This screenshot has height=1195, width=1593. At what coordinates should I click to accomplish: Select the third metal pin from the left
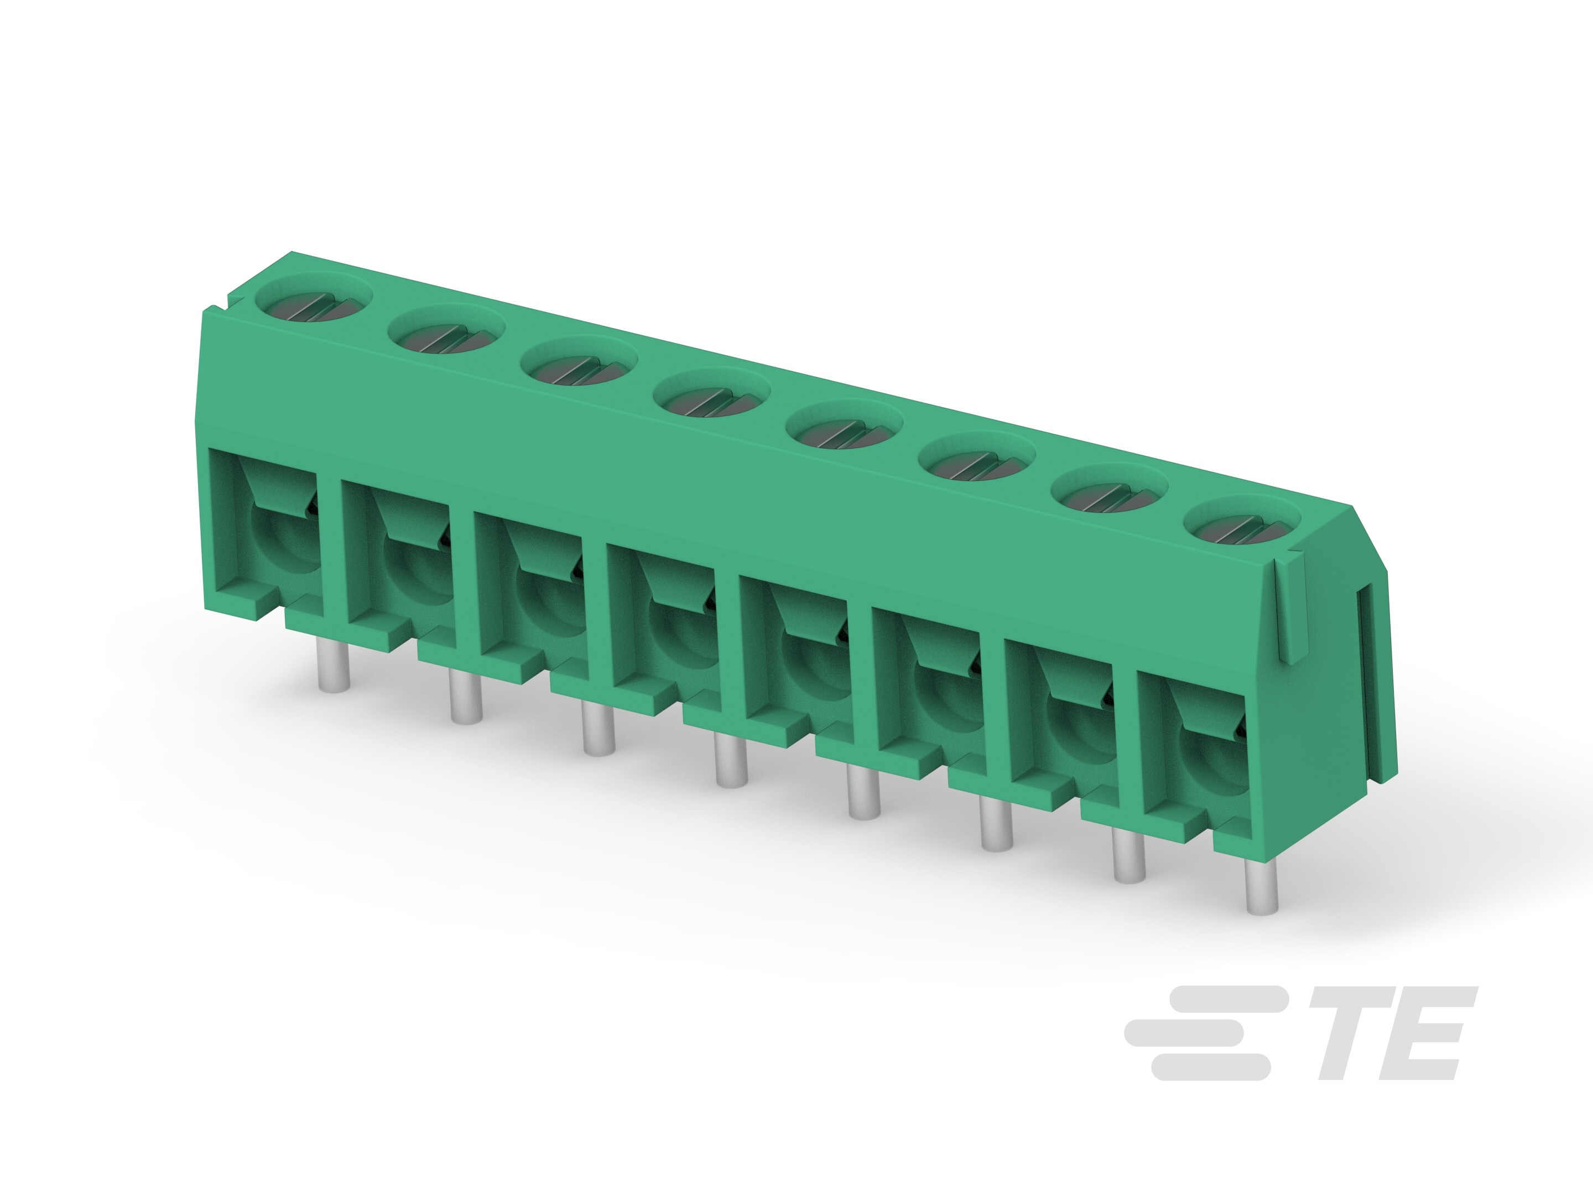[x=598, y=729]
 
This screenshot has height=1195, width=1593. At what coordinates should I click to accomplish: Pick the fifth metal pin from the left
[x=864, y=792]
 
